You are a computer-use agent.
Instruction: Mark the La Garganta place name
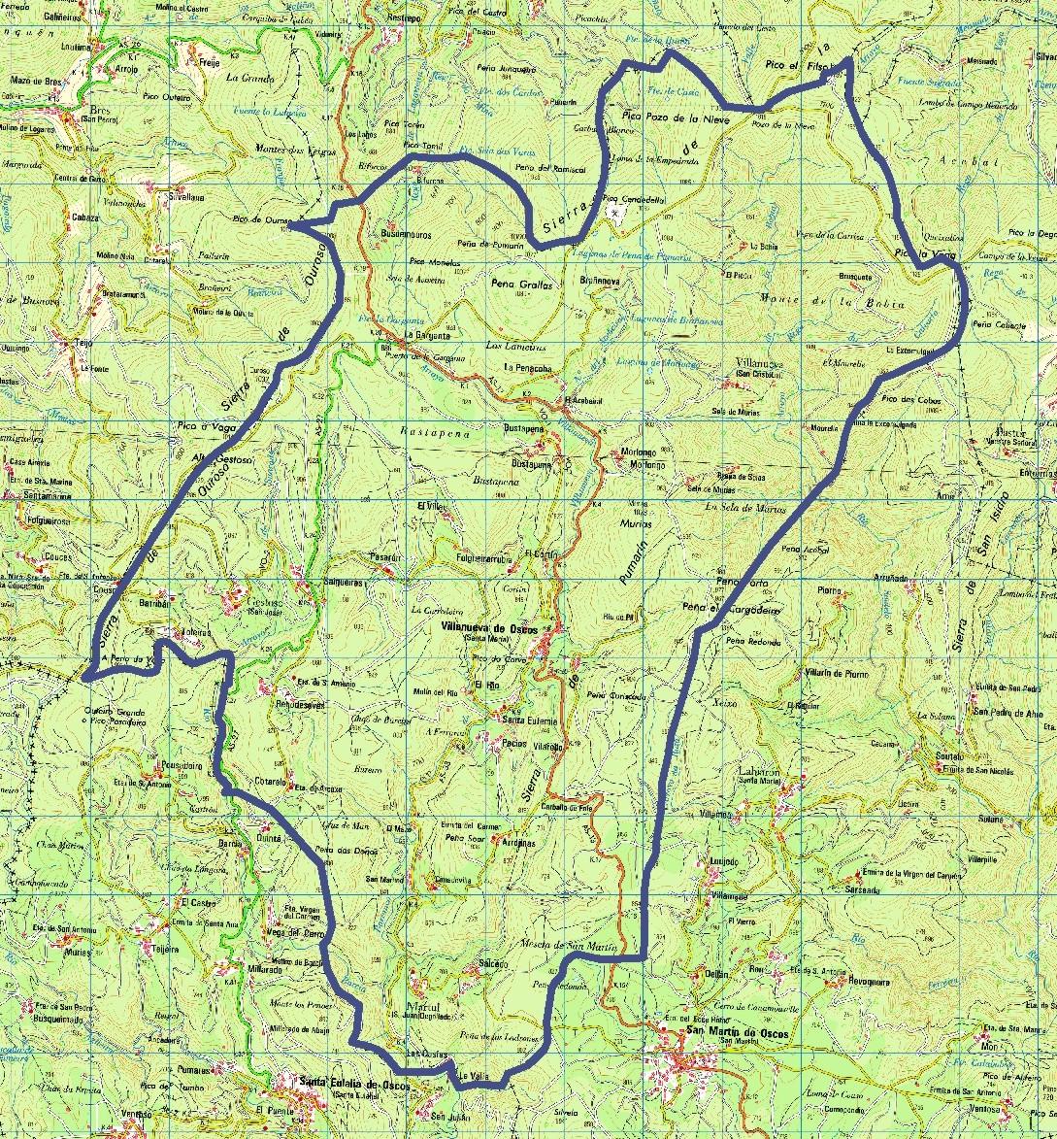(x=412, y=335)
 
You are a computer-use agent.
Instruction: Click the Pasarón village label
(x=384, y=557)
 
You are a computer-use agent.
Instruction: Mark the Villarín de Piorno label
(x=835, y=673)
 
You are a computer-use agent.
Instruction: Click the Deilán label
(x=717, y=974)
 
